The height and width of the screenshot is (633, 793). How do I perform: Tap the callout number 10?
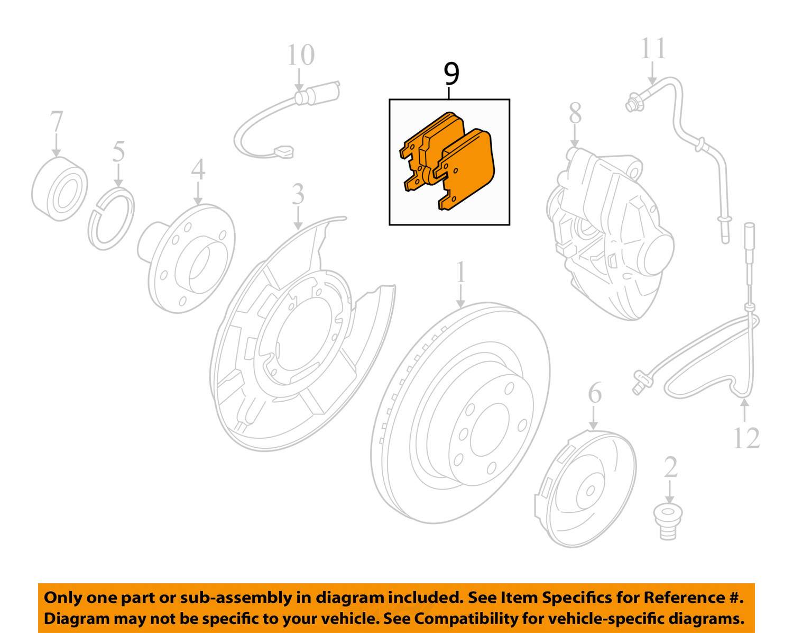pyautogui.click(x=300, y=55)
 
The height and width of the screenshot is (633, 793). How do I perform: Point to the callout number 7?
pyautogui.click(x=56, y=123)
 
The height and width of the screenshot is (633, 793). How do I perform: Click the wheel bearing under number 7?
pyautogui.click(x=59, y=188)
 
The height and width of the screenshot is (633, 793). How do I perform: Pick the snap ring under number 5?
pyautogui.click(x=112, y=217)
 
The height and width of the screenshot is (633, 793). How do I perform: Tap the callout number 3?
pyautogui.click(x=298, y=194)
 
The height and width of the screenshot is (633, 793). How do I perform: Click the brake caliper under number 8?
pyautogui.click(x=608, y=233)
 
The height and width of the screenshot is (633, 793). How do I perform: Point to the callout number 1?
pyautogui.click(x=461, y=273)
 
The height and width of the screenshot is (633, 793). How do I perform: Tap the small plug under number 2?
pyautogui.click(x=668, y=521)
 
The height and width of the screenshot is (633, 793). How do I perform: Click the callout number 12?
pyautogui.click(x=746, y=438)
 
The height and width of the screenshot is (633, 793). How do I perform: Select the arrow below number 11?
pyautogui.click(x=652, y=73)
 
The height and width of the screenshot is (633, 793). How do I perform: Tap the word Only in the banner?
pyautogui.click(x=62, y=598)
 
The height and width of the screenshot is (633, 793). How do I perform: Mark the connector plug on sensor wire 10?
pyautogui.click(x=284, y=152)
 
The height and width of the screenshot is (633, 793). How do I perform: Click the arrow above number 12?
pyautogui.click(x=744, y=410)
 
